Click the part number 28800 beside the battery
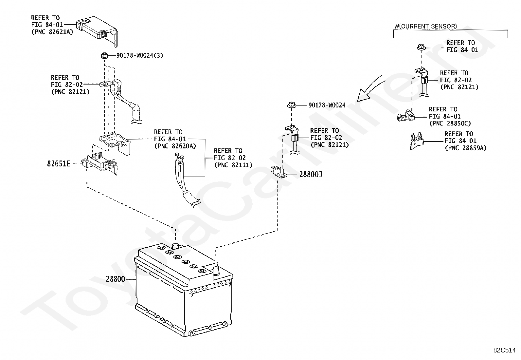tap(116, 279)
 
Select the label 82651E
tap(59, 164)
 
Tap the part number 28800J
tap(311, 174)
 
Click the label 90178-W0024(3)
tap(139, 55)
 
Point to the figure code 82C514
tap(505, 350)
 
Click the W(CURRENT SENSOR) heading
tap(426, 26)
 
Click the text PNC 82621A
tap(52, 32)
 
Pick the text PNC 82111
tap(233, 165)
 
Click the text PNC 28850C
tap(450, 123)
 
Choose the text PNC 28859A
tap(466, 148)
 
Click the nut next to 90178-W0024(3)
tap(104, 56)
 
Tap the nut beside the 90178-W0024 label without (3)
tap(292, 105)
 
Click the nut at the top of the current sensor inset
tap(421, 47)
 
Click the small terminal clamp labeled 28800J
tap(278, 172)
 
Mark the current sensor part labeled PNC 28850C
tap(405, 116)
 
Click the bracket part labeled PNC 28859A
tap(416, 141)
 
